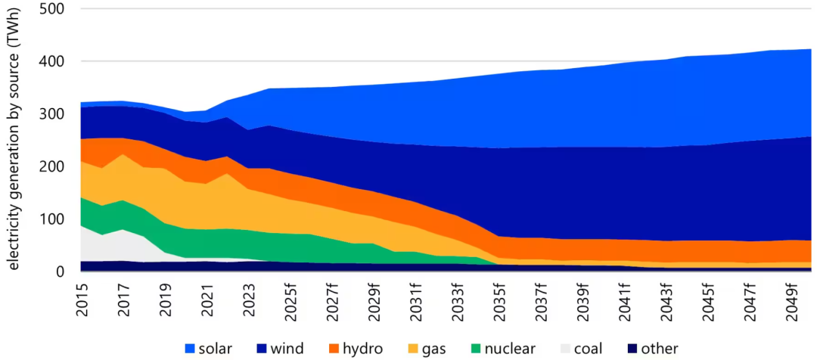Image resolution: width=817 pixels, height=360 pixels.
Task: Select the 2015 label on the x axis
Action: point(83,296)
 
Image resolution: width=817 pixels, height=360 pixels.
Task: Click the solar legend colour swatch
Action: point(192,349)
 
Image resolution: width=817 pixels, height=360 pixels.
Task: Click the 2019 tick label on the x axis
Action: point(165,296)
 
